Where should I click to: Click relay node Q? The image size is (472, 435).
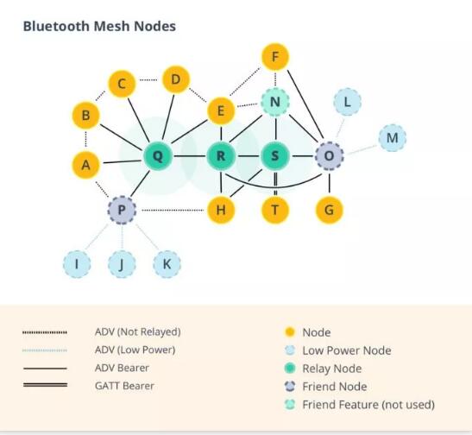(158, 156)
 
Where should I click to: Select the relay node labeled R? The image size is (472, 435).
(221, 156)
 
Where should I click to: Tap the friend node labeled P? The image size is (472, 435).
(122, 210)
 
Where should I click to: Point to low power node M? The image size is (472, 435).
(393, 138)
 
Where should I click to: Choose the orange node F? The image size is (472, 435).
(275, 57)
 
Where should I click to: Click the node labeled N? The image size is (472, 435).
(275, 102)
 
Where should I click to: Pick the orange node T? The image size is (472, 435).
(275, 210)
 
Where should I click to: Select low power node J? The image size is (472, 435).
(122, 264)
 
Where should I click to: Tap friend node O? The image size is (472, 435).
(330, 156)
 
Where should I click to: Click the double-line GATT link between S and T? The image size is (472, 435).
(275, 183)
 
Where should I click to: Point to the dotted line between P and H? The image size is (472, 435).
(173, 210)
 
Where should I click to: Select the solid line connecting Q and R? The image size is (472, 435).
(189, 156)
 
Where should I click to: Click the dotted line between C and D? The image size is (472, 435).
(148, 80)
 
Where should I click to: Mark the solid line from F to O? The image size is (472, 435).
(305, 104)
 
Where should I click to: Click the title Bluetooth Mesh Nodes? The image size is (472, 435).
(99, 26)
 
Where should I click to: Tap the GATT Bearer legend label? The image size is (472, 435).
(124, 386)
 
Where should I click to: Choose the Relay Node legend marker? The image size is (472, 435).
(290, 369)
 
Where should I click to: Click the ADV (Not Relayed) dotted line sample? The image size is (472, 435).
(45, 332)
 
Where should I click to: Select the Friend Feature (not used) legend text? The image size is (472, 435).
(368, 405)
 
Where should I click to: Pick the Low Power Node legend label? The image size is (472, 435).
(347, 350)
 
